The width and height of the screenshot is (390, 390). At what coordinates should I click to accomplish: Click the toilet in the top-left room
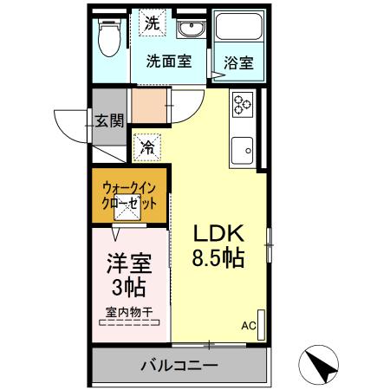109,36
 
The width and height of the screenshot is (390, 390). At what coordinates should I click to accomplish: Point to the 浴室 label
238,63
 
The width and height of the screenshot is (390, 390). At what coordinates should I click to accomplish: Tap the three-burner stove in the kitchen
242,106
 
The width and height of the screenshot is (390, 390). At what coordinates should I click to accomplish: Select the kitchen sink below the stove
243,153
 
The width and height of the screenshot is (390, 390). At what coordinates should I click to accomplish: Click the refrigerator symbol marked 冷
148,148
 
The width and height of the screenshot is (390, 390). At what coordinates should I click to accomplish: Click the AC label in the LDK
248,326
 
